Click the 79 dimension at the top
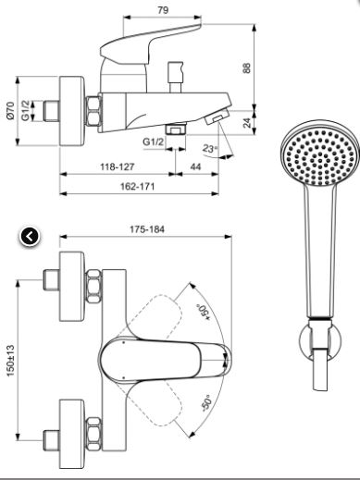pyautogui.click(x=163, y=10)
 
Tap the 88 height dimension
pyautogui.click(x=247, y=68)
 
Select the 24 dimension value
pyautogui.click(x=247, y=123)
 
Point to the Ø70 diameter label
pyautogui.click(x=10, y=110)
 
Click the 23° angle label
pyautogui.click(x=210, y=148)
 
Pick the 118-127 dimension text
pyautogui.click(x=117, y=166)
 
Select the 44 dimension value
pyautogui.click(x=195, y=166)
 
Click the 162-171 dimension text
pyautogui.click(x=137, y=187)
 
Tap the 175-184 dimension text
pyautogui.click(x=147, y=229)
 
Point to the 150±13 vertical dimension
pyautogui.click(x=10, y=361)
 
